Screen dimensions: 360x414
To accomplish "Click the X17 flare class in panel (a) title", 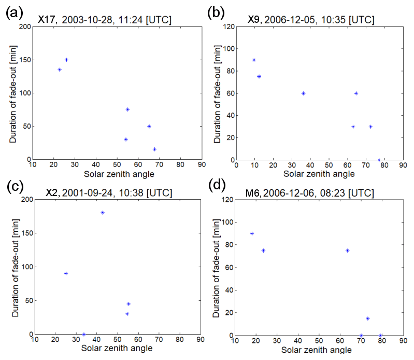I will click(48, 20).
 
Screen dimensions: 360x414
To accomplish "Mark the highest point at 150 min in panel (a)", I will click(66, 60).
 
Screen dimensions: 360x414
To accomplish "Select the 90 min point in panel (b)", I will click(254, 60).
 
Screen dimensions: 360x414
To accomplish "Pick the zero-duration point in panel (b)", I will click(379, 160).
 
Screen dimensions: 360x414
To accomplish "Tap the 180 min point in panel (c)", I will click(103, 213).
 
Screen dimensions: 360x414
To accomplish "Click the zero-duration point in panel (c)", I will click(84, 334).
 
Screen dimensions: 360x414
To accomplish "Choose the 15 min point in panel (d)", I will click(367, 319).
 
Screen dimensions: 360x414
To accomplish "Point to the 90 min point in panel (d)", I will click(252, 233).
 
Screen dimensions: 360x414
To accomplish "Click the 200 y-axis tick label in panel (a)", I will click(24, 26).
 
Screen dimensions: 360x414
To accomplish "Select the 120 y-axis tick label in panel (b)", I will click(227, 26).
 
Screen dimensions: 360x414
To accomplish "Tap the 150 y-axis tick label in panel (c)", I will click(24, 233).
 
